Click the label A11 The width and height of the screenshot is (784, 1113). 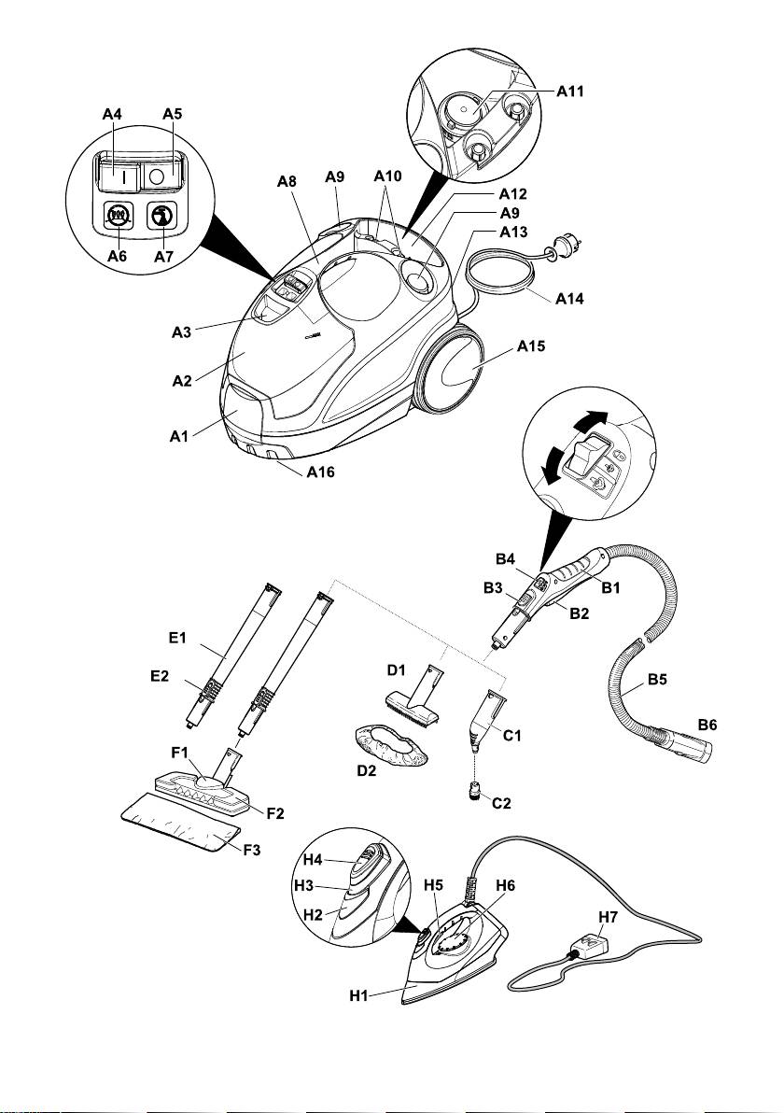point(571,92)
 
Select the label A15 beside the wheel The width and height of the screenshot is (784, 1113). point(532,346)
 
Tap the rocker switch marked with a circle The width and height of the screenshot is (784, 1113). point(157,175)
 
